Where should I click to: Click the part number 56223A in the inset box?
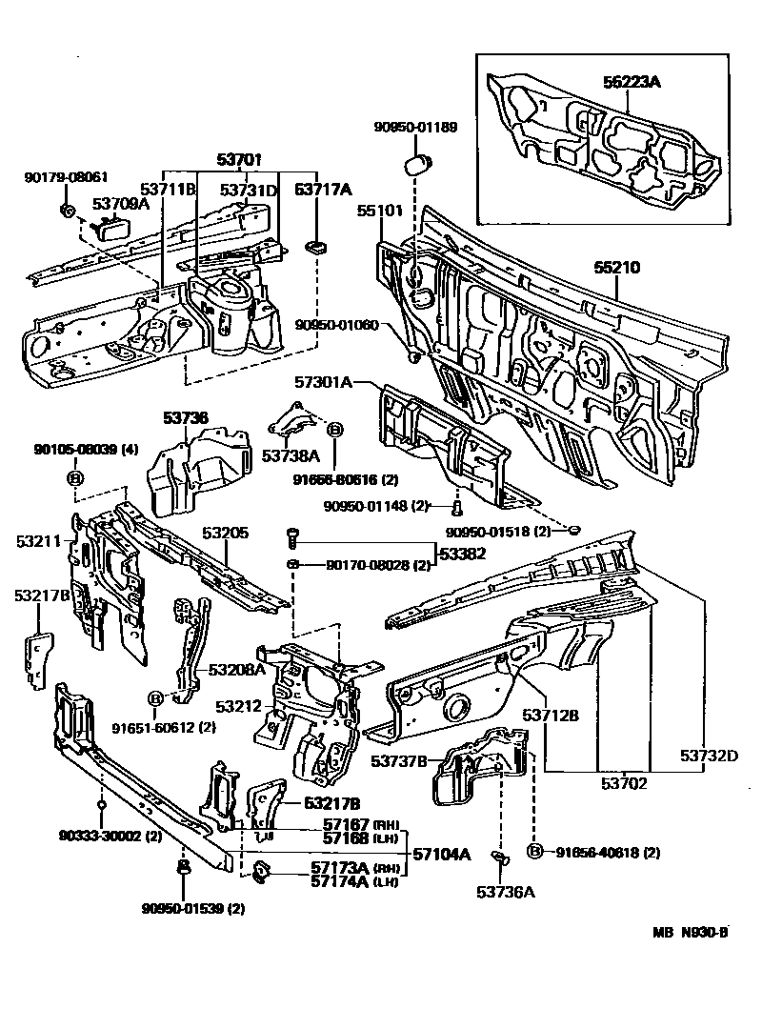point(631,83)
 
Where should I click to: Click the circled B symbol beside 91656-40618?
point(534,851)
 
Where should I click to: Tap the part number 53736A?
point(502,893)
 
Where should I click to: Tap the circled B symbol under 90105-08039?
point(73,477)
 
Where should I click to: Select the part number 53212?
point(235,706)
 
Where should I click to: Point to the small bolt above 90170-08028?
point(291,537)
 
